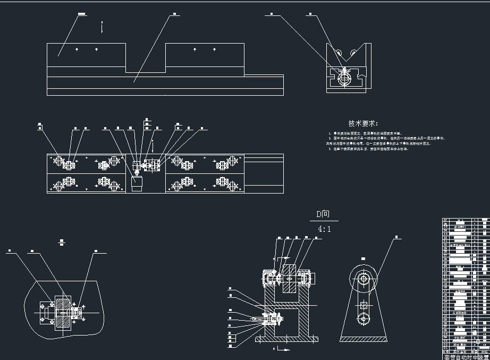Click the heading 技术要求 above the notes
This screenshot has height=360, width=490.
click(x=363, y=123)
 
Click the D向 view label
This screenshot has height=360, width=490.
click(x=323, y=215)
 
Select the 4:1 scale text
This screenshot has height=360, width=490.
click(x=324, y=229)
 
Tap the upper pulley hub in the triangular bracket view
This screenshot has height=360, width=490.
click(x=364, y=278)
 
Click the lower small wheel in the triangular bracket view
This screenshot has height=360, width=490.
click(x=364, y=318)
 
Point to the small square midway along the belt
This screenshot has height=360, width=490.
click(x=364, y=305)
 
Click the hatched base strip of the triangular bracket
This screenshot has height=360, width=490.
click(x=364, y=339)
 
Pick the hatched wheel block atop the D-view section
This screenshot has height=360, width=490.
click(x=289, y=278)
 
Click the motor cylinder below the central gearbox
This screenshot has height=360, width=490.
click(x=137, y=183)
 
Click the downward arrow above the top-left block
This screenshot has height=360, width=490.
click(x=102, y=28)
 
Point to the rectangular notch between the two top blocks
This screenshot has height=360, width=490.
click(x=146, y=58)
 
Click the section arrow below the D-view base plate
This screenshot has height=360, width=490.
click(x=281, y=349)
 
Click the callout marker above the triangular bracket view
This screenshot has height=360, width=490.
click(x=396, y=237)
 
